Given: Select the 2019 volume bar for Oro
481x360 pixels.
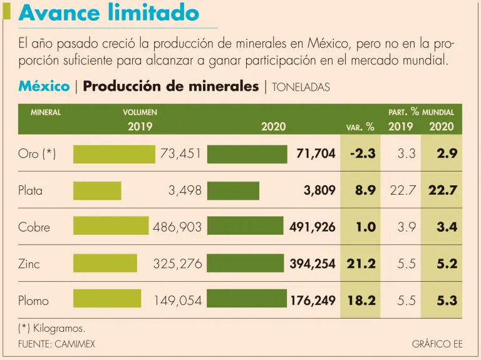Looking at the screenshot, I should point(114,154).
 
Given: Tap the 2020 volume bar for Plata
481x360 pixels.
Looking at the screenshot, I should point(233,190).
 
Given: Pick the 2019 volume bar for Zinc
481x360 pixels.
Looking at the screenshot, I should point(105,264).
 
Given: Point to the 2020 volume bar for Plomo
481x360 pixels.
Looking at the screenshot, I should point(247,301).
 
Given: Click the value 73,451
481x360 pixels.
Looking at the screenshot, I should point(181,154).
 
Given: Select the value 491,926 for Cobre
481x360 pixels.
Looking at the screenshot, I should point(313,227).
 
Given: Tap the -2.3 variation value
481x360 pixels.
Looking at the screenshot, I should point(359,154).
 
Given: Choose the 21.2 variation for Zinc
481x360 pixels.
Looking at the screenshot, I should point(361,264).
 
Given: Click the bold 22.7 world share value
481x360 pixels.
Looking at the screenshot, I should point(443,190).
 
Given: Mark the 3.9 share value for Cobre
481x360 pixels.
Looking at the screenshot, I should point(406,227).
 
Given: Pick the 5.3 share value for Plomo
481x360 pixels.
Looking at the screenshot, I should point(447,301).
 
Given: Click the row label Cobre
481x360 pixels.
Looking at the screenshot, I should point(34,227).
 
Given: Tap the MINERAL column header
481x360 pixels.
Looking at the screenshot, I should point(46,113).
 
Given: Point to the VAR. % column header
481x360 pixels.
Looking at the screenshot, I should point(360,127).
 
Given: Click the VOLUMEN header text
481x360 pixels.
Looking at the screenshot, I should point(140,113).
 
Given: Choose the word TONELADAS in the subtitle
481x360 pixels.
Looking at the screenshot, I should point(301,88).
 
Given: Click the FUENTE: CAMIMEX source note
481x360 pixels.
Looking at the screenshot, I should point(57,344).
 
